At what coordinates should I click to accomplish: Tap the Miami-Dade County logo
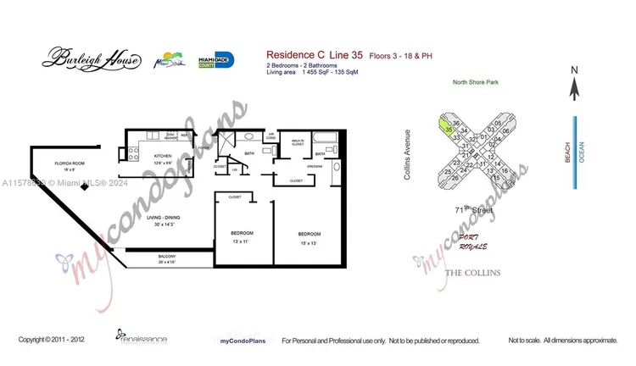pos(215,59)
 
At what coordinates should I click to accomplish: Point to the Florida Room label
pos(71,164)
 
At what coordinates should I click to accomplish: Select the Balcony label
pos(167,258)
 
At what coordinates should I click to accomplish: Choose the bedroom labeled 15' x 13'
pos(309,236)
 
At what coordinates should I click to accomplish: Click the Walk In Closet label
pos(298,141)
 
